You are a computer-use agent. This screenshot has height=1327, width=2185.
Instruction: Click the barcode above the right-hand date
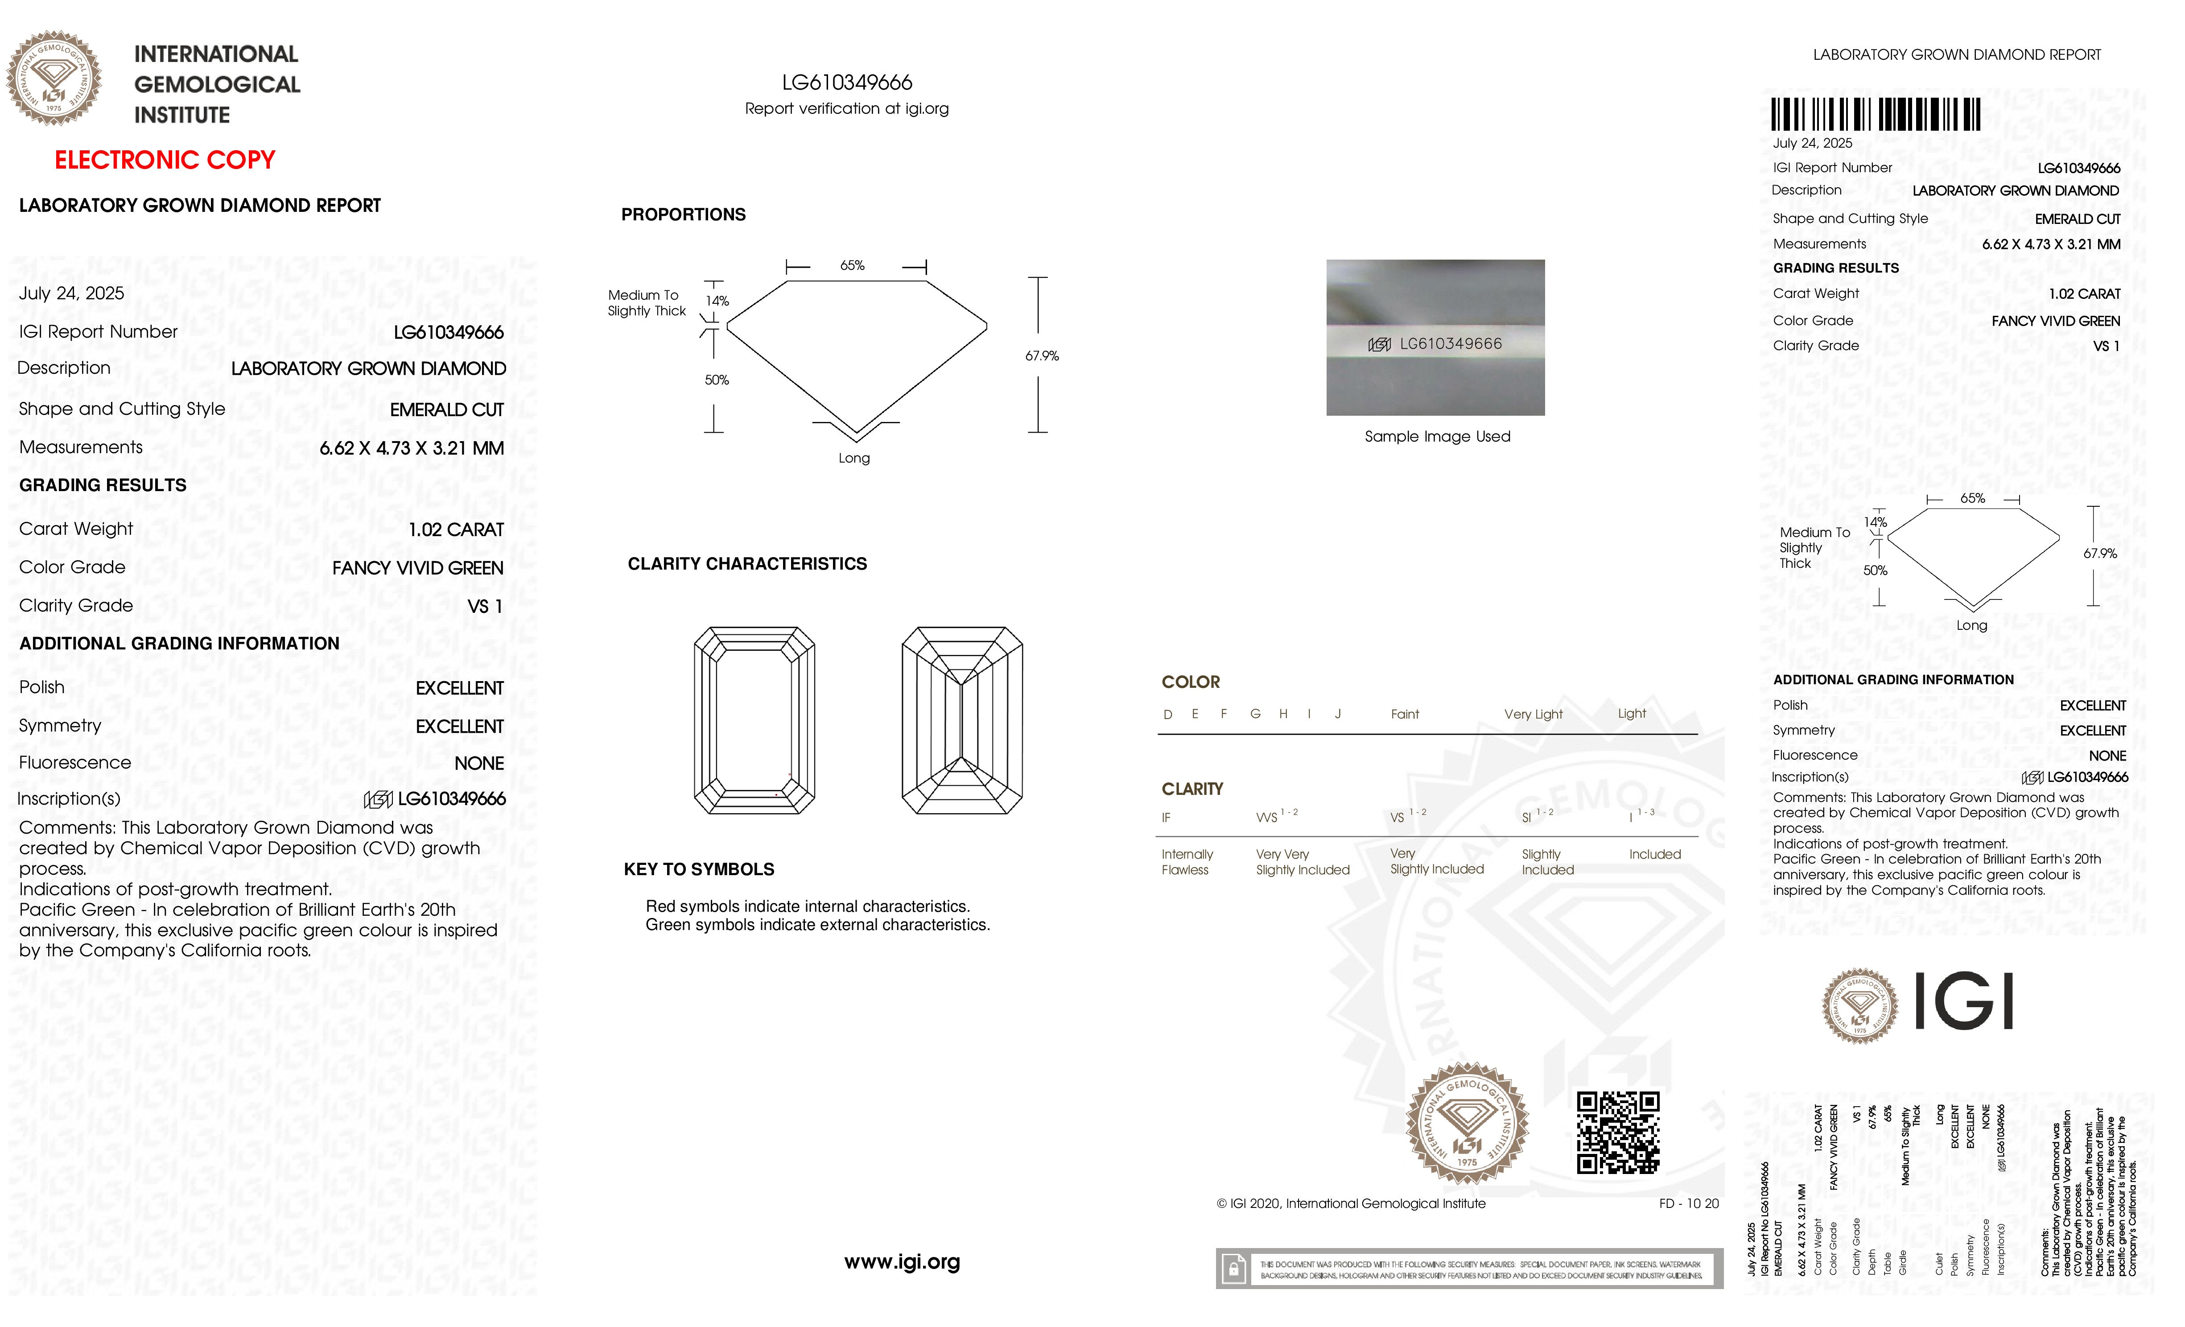[x=1876, y=115]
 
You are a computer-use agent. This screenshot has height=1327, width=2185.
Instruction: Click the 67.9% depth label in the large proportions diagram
[x=1042, y=356]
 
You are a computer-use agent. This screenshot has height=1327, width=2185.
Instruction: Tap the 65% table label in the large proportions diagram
[x=852, y=265]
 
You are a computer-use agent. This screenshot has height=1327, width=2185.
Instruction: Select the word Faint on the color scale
[x=1405, y=714]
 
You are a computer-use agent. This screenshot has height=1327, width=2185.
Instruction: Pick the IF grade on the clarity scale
[x=1166, y=818]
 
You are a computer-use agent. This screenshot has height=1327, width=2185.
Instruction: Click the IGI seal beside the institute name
[x=54, y=78]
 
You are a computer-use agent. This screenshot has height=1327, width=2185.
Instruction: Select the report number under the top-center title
[x=847, y=83]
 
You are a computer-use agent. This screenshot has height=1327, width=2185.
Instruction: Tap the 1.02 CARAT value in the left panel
[x=456, y=529]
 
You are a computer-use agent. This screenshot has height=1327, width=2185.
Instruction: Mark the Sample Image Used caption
[x=1437, y=436]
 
